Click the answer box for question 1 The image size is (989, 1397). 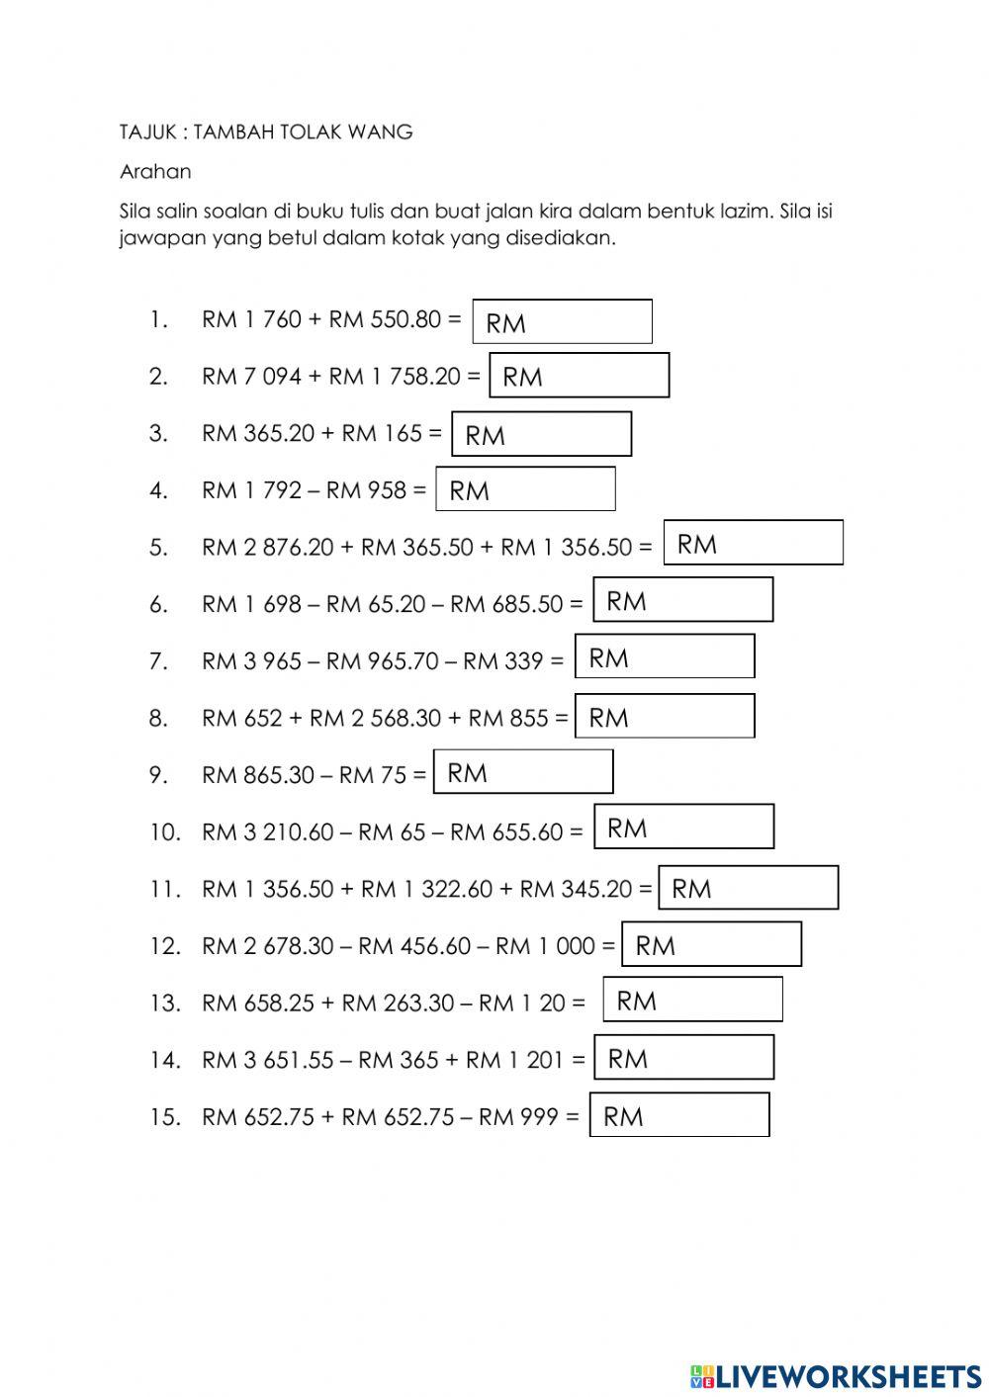[x=562, y=321]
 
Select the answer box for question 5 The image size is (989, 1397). [x=753, y=543]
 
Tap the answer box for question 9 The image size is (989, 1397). [x=523, y=771]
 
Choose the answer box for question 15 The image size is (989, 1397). [x=679, y=1114]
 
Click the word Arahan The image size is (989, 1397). [x=155, y=171]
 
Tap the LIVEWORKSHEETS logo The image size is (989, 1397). [x=836, y=1375]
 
